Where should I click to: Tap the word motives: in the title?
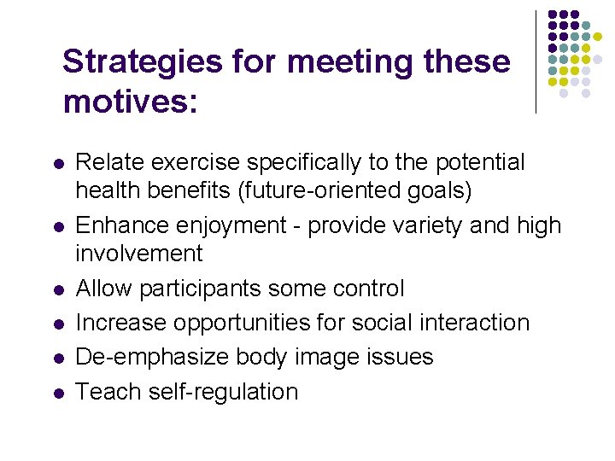131,102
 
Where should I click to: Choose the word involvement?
139,254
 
